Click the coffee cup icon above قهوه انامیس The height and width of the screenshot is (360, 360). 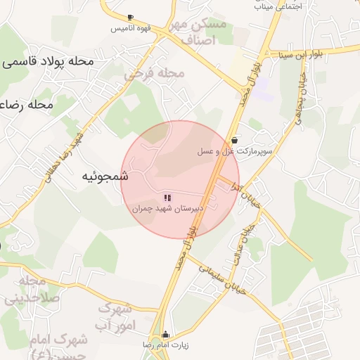130,18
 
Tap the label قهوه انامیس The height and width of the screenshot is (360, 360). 129,30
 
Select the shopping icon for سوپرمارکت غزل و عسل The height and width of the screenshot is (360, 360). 233,139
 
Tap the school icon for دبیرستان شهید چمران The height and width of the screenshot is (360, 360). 167,198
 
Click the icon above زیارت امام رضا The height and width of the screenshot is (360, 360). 166,335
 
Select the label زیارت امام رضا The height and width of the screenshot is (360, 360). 167,346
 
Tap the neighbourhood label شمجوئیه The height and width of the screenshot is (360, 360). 103,176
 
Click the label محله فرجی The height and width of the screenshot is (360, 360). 155,72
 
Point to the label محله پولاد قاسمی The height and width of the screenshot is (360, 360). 48,61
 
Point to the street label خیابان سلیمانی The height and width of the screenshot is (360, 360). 229,274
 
